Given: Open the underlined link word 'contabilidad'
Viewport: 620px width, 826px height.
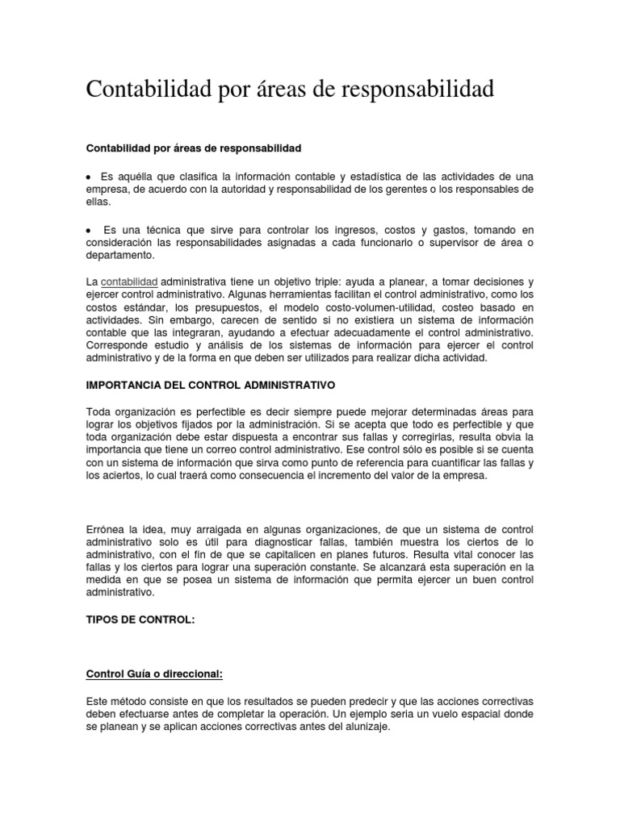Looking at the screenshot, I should (x=129, y=282).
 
